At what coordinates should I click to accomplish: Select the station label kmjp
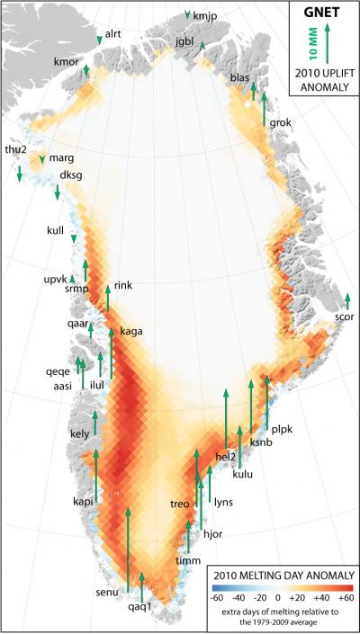pos(205,16)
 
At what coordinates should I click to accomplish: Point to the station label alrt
pos(113,33)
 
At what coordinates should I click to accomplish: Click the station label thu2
pos(15,149)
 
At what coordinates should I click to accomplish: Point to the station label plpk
pos(283,428)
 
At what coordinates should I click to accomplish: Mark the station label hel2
pos(226,456)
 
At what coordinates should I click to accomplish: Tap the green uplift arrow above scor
pos(347,300)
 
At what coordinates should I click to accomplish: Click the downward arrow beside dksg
pos(58,192)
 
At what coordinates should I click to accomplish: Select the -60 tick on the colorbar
pos(216,597)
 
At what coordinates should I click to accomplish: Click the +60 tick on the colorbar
pos(345,597)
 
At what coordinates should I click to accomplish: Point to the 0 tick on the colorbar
pos(280,597)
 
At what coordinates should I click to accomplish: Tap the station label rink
pos(123,286)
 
